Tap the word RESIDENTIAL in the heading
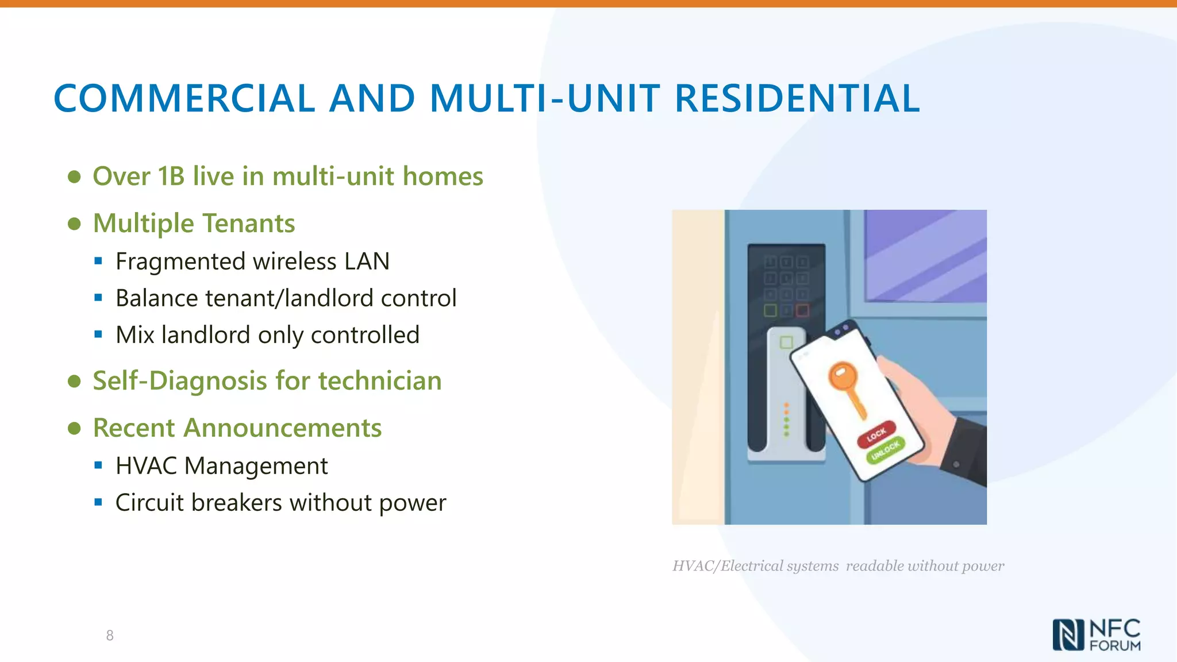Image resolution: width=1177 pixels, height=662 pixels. [797, 98]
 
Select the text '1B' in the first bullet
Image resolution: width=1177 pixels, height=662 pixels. [171, 176]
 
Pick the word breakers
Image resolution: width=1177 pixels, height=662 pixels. [236, 503]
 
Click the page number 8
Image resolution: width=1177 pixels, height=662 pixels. [110, 636]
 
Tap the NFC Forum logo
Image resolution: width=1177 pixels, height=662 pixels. [1097, 635]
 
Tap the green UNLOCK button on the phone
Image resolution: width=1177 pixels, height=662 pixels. [886, 450]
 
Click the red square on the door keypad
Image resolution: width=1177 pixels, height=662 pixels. [802, 311]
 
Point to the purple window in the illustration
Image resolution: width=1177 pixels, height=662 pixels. [925, 256]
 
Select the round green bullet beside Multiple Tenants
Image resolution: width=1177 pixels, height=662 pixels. [74, 224]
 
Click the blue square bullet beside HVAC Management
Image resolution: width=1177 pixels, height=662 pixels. [98, 465]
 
